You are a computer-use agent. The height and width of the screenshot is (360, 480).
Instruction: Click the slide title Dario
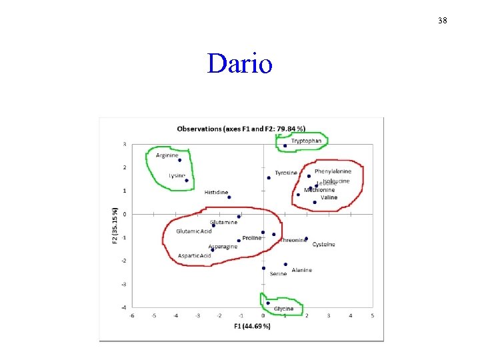point(239,65)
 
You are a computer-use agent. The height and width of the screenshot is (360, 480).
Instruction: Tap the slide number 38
point(443,21)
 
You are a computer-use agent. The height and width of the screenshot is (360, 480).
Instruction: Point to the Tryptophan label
point(306,141)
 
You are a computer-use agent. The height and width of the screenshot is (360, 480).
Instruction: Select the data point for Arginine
point(179,160)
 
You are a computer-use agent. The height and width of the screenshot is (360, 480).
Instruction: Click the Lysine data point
point(187,180)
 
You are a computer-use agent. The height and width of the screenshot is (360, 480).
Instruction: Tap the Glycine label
point(283,309)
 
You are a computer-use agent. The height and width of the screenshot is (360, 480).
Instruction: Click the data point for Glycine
point(268,303)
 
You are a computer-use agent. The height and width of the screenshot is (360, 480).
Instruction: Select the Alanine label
point(301,270)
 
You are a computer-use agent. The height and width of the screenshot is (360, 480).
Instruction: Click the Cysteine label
point(324,245)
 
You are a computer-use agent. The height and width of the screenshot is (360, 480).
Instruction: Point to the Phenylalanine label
point(333,171)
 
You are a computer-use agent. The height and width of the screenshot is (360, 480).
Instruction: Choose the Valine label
point(329,197)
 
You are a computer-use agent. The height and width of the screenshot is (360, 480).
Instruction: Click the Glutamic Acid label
point(194,231)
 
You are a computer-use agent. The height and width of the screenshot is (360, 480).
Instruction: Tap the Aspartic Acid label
point(195,255)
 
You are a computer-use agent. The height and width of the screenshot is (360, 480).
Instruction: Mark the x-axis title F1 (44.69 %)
point(252,326)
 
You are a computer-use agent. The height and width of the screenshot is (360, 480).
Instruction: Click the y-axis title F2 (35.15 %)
point(115,224)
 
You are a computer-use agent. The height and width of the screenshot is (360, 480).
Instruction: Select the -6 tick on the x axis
point(131,315)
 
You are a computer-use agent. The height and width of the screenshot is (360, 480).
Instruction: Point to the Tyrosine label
point(286,173)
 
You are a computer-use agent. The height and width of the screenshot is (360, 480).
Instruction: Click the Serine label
point(278,273)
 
